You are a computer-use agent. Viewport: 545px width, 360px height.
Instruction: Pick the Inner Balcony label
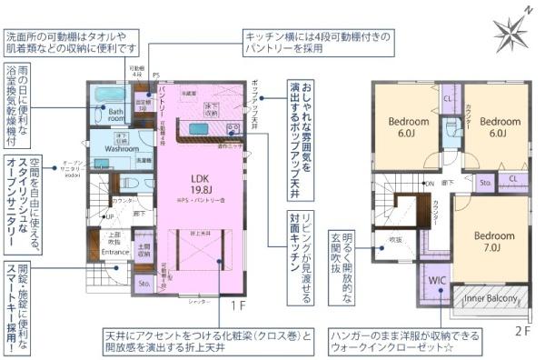[490, 297]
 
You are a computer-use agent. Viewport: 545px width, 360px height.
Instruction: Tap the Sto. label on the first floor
[144, 284]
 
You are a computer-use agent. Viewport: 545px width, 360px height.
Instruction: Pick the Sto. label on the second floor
[486, 182]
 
